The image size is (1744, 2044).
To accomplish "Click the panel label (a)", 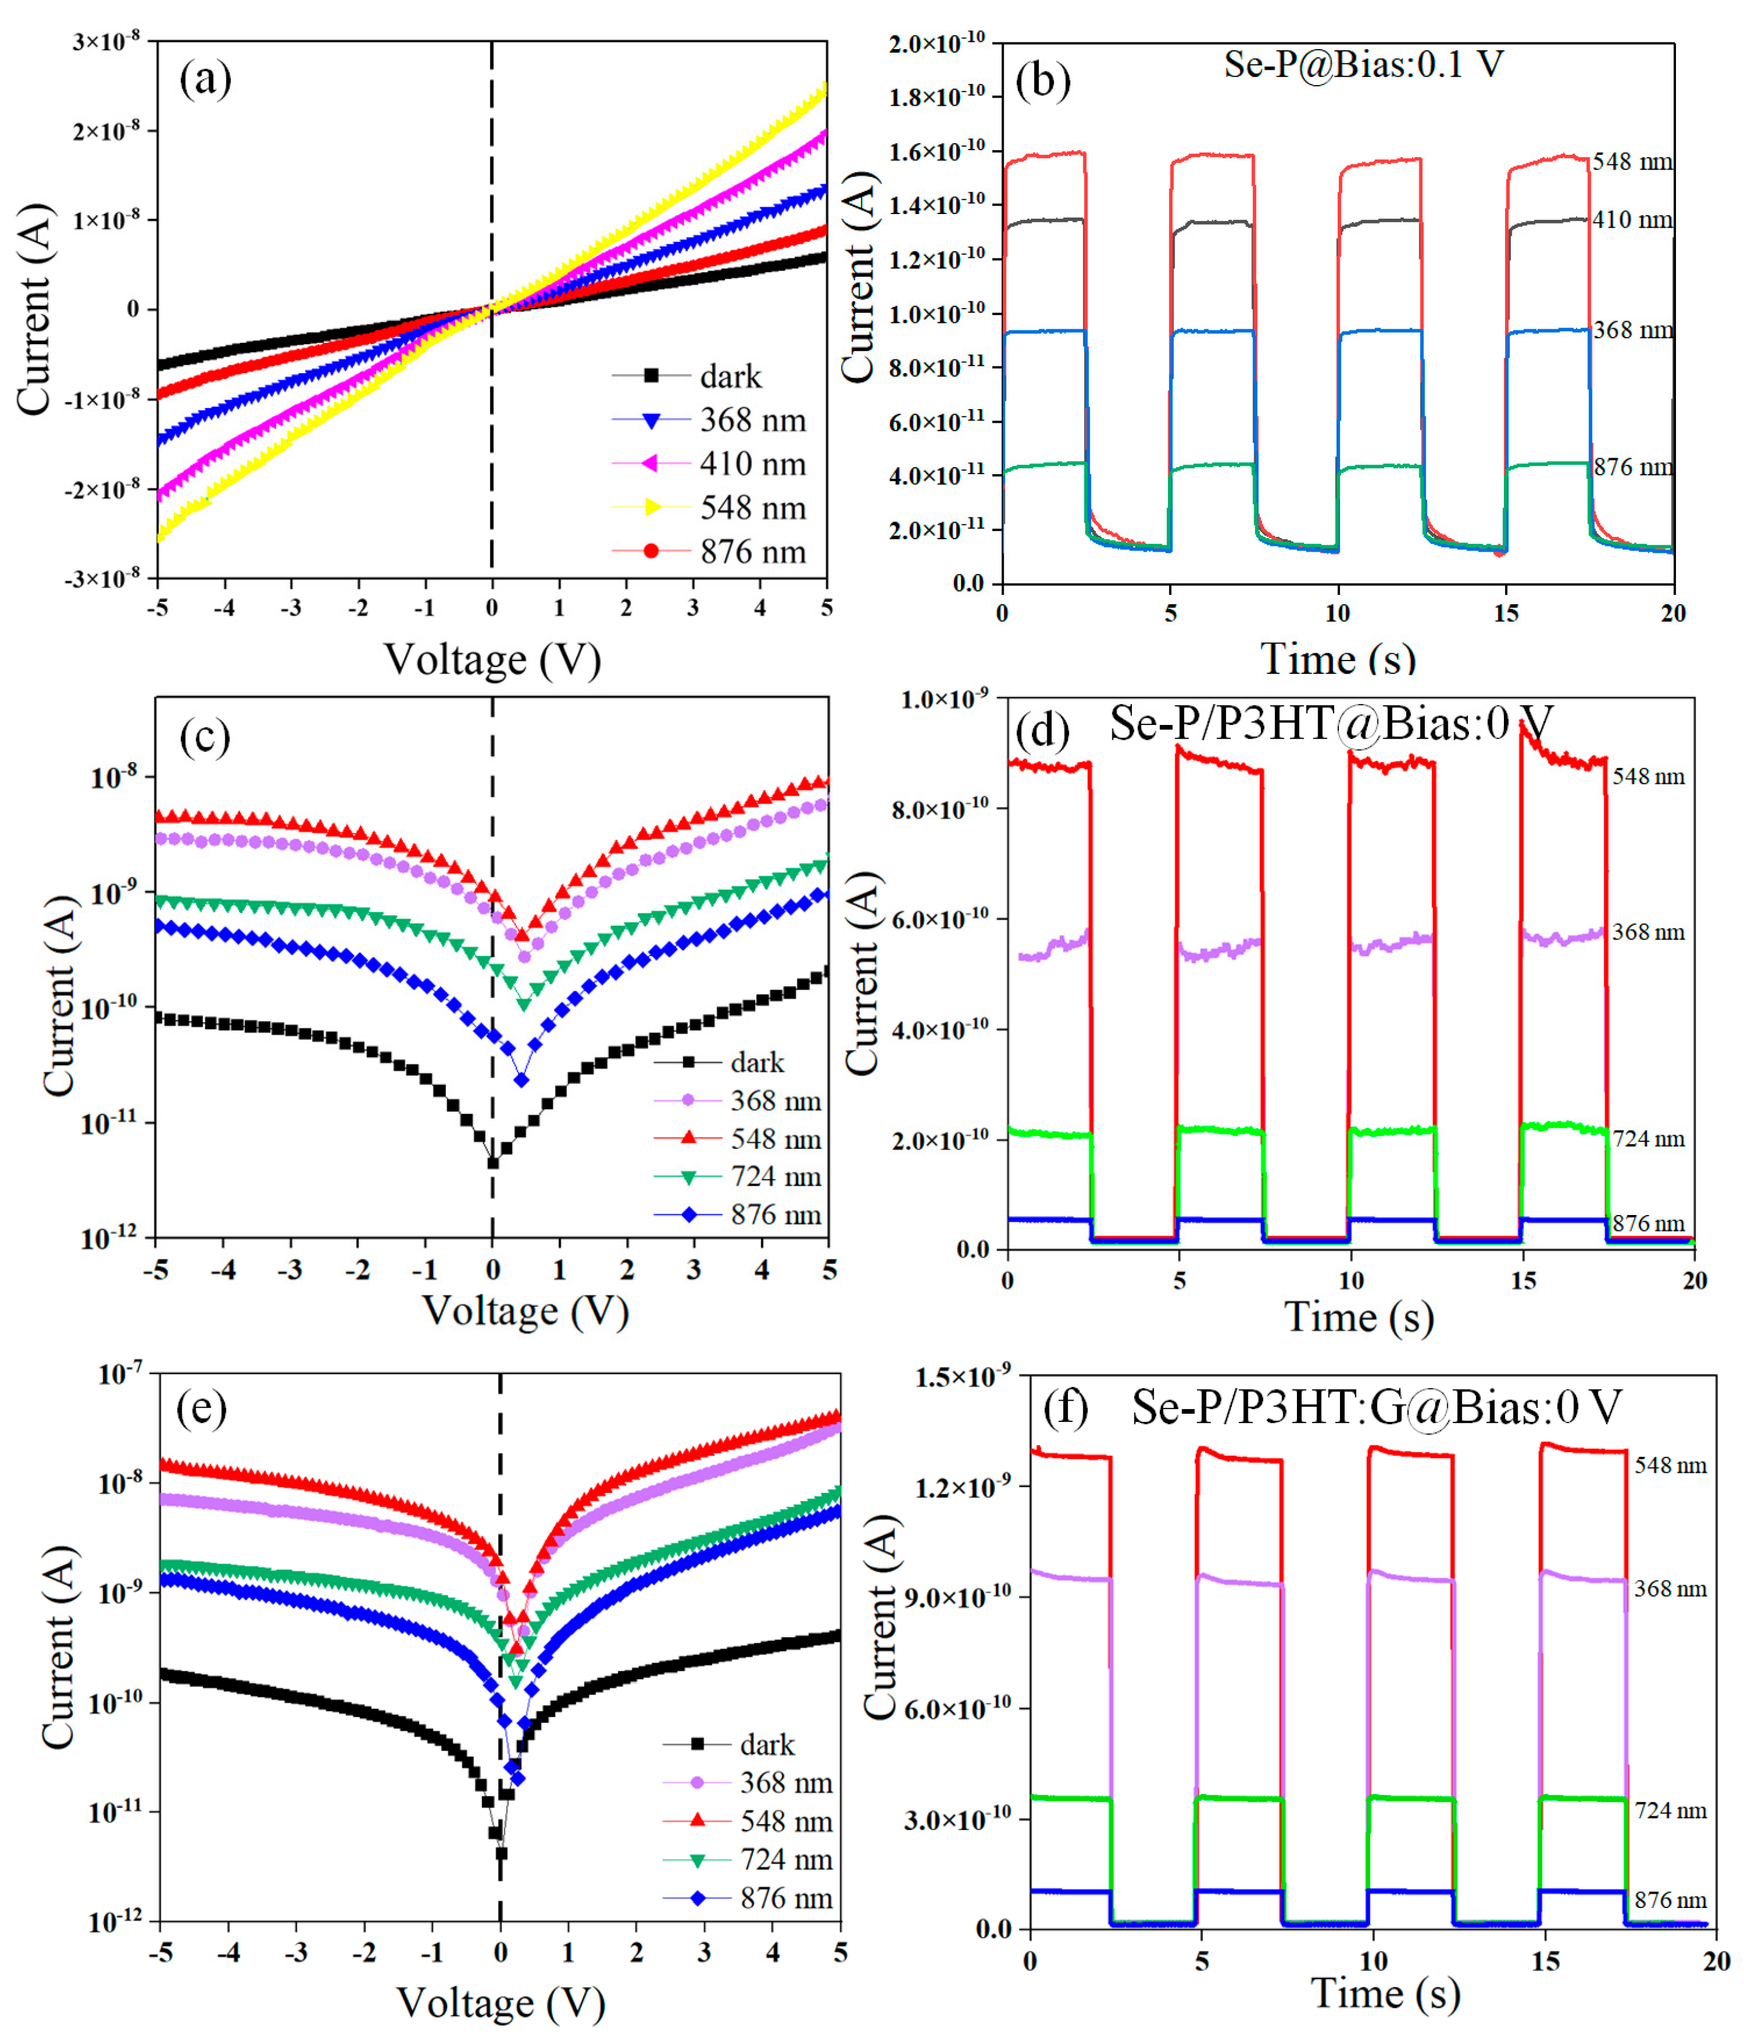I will (205, 79).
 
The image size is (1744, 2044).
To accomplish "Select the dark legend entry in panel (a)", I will (730, 376).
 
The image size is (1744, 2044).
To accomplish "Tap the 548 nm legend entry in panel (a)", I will (752, 507).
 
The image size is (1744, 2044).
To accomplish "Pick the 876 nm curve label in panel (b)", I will (1633, 467).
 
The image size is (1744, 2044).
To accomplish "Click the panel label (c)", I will (205, 737).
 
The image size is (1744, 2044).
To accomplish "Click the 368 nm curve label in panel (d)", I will (1648, 931).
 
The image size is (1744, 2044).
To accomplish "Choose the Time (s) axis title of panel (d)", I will (1358, 1317).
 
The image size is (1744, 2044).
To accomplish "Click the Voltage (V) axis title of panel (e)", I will (500, 2003).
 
